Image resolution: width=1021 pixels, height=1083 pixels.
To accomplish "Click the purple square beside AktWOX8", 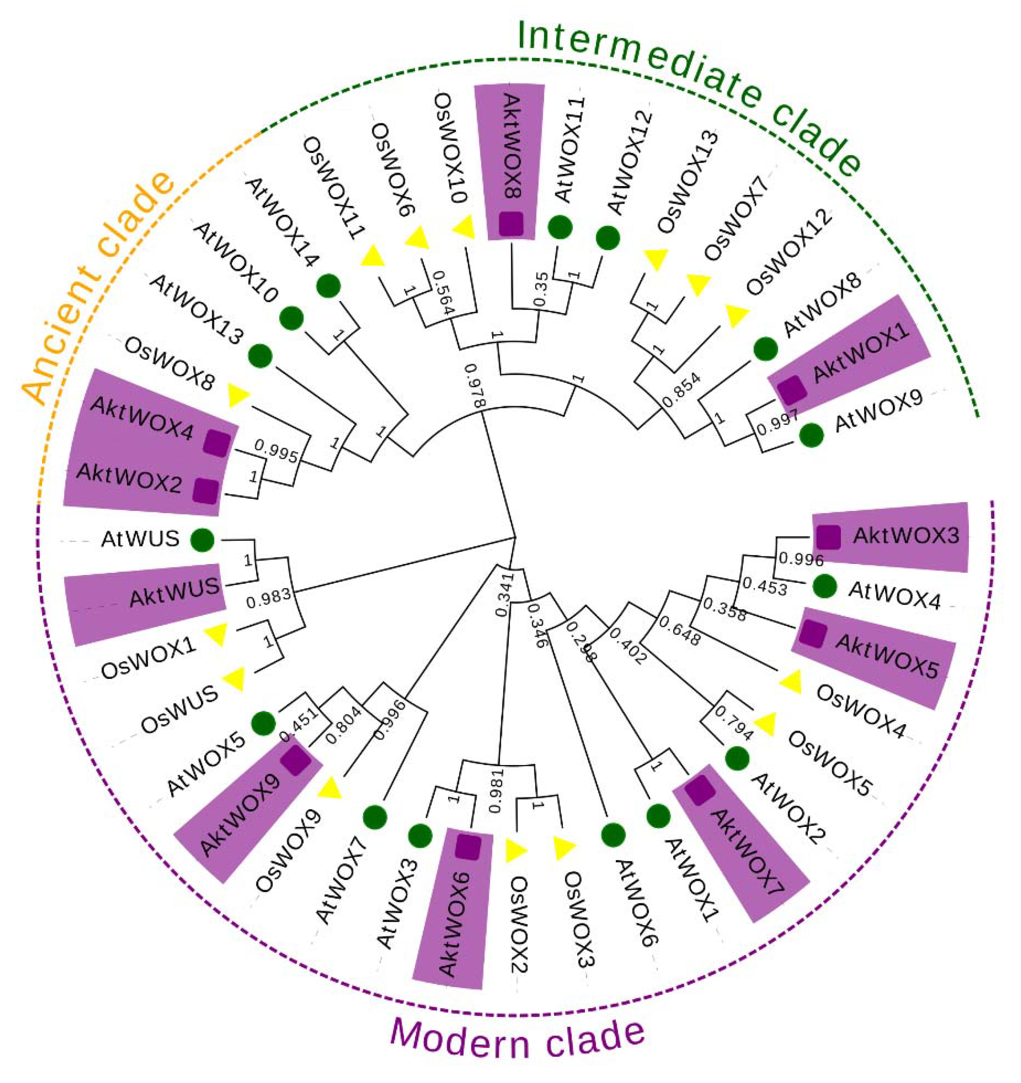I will pyautogui.click(x=511, y=224).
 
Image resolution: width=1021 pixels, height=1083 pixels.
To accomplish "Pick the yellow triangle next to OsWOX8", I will pyautogui.click(x=237, y=395).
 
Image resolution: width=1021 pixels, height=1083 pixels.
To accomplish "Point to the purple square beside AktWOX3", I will pyautogui.click(x=828, y=537).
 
